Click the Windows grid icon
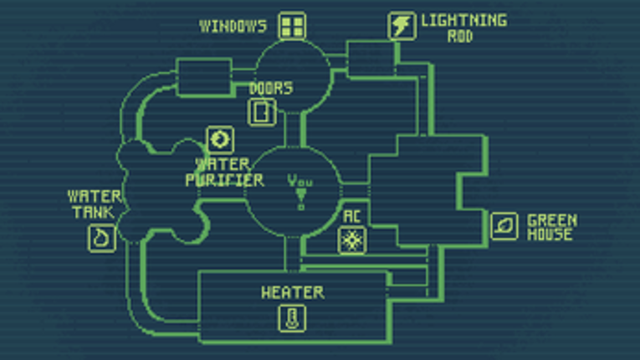tap(292, 26)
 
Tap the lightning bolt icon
tap(402, 26)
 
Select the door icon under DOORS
tap(262, 111)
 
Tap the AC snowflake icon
tap(350, 240)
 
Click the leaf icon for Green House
tap(504, 226)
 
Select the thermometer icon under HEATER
tap(292, 317)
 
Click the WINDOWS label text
tap(233, 26)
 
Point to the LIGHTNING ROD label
tap(463, 27)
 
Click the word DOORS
tap(270, 88)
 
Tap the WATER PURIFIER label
tap(224, 172)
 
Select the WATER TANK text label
tap(95, 204)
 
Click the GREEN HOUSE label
tap(551, 227)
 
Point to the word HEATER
tap(292, 292)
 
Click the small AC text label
tap(351, 216)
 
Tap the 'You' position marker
tap(300, 188)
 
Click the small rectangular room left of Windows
tap(204, 79)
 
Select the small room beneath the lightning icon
tap(370, 58)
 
